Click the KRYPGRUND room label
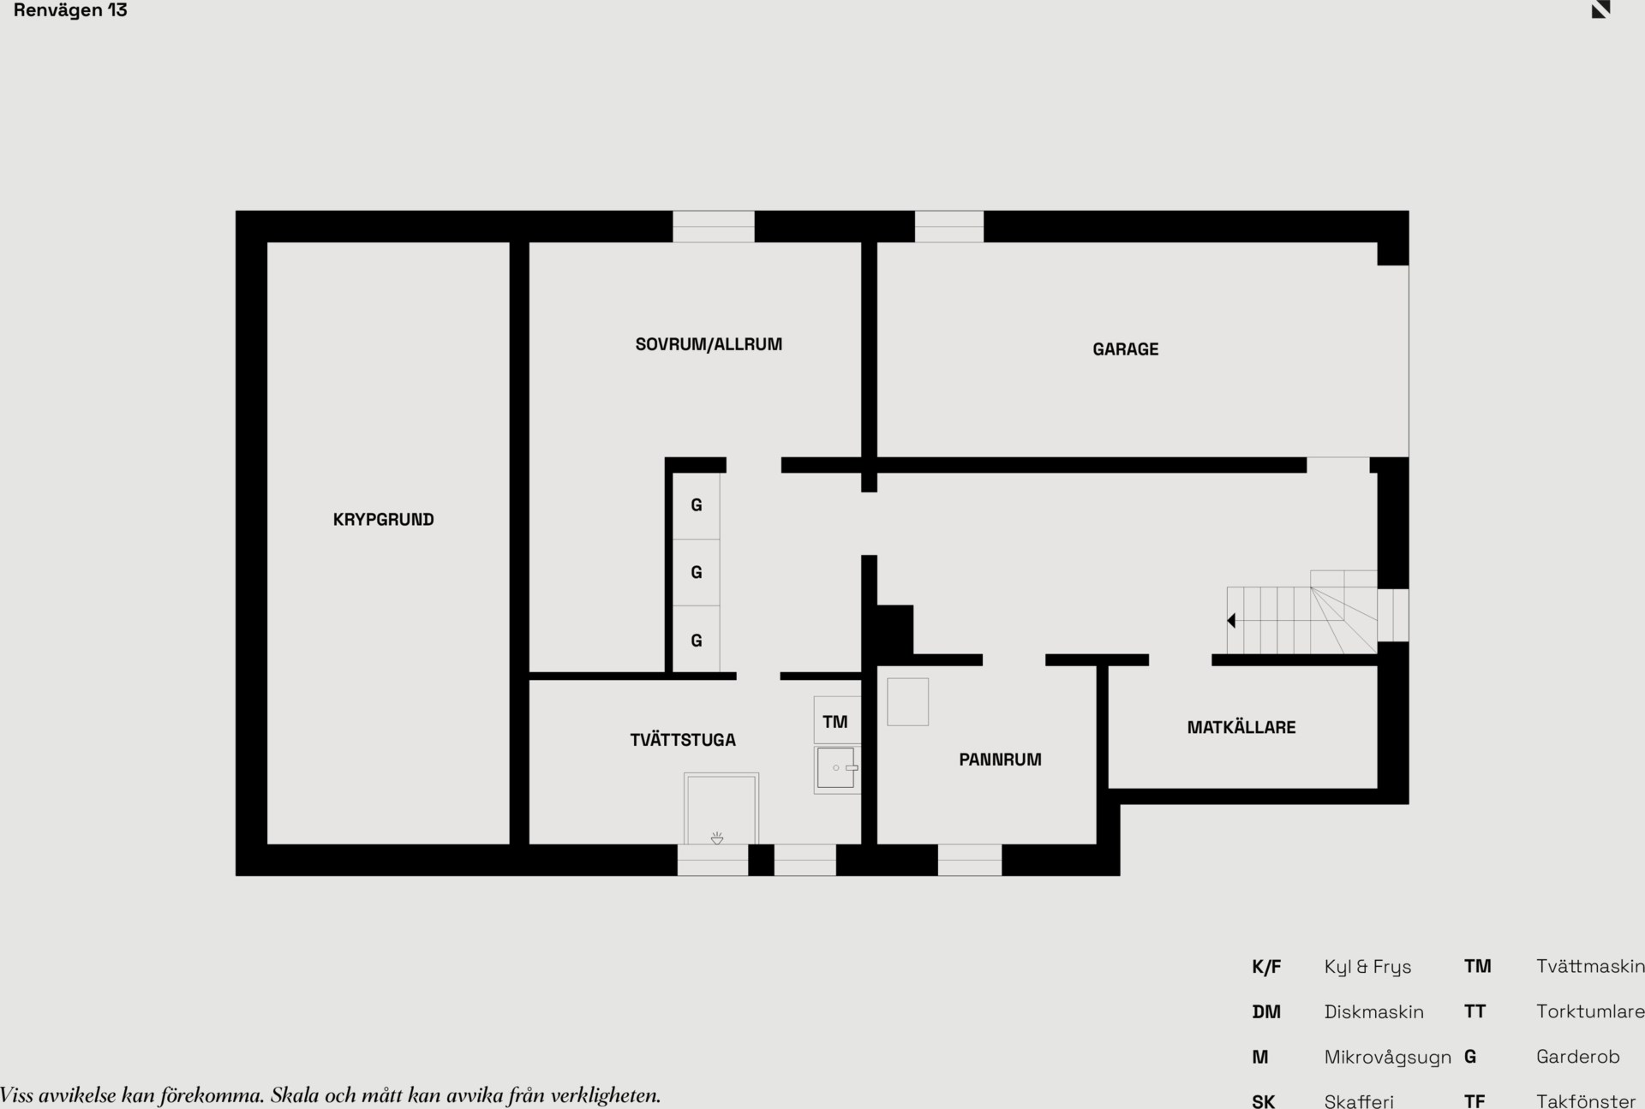(x=383, y=519)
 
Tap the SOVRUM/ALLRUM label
(x=709, y=344)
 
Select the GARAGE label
(x=1125, y=349)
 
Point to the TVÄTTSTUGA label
(x=683, y=740)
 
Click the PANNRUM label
(x=1000, y=760)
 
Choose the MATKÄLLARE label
(x=1241, y=727)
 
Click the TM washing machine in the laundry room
(x=837, y=720)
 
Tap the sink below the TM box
(x=837, y=768)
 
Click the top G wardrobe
(x=696, y=505)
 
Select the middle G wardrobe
(x=696, y=572)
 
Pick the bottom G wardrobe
(x=696, y=640)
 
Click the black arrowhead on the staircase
(x=1231, y=620)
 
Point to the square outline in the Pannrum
(x=908, y=702)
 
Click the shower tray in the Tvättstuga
(x=721, y=808)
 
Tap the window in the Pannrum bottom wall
(x=970, y=860)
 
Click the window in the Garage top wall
(x=949, y=226)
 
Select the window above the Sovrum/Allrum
(x=714, y=226)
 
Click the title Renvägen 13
(x=70, y=10)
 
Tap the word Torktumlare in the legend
(x=1590, y=1011)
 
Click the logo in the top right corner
(x=1600, y=9)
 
